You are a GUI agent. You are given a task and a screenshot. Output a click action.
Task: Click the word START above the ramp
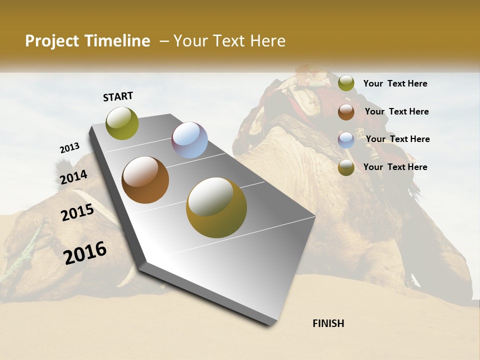[118, 96]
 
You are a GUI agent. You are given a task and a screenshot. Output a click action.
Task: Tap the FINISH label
[328, 323]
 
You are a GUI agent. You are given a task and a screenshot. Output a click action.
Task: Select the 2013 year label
[69, 148]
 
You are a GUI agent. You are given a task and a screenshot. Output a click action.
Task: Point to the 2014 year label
[73, 177]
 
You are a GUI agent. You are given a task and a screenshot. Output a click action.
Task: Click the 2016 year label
[85, 253]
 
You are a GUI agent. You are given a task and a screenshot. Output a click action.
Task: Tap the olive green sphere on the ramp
[122, 123]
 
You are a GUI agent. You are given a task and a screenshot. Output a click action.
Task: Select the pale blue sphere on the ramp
[189, 140]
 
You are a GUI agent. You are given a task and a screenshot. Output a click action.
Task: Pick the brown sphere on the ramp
[145, 180]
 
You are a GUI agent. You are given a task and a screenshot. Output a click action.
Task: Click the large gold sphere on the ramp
[216, 207]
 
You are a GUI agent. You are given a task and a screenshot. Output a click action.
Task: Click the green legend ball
[346, 83]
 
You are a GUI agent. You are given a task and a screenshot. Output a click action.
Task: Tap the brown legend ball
[346, 112]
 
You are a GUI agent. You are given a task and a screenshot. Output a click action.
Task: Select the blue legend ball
[346, 140]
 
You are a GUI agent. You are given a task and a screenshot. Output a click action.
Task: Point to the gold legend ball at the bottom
[346, 167]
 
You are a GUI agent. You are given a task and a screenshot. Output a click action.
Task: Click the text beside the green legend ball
[395, 83]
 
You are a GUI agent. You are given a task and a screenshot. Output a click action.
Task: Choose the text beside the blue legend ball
[397, 139]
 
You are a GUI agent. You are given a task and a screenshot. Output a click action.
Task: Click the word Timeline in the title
[117, 41]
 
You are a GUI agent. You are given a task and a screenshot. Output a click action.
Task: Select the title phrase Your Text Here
[229, 41]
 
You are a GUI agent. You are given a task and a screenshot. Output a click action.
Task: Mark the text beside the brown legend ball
[396, 111]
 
